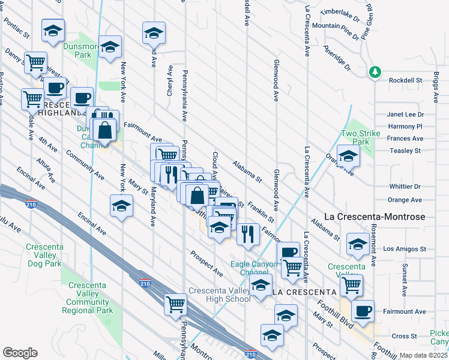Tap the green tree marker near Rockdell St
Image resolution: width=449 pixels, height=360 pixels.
(x=375, y=72)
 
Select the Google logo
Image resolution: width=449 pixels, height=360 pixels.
(x=20, y=352)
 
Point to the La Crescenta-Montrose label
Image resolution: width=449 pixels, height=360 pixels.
(x=375, y=217)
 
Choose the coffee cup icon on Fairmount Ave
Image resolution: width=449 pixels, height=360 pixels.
(x=363, y=311)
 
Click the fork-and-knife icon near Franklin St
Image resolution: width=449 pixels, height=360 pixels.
(x=247, y=234)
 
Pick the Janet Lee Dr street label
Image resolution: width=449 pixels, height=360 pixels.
(x=405, y=115)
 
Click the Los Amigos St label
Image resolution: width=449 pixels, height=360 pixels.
(x=405, y=248)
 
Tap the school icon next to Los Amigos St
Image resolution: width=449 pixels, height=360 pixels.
(x=358, y=244)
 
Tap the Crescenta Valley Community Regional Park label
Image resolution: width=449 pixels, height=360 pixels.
(x=88, y=298)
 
